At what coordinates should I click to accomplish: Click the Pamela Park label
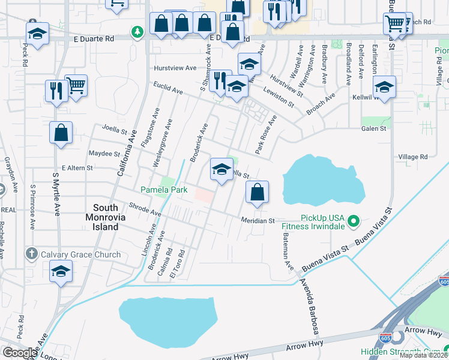(x=164, y=190)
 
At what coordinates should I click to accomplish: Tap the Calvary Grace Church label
(x=80, y=254)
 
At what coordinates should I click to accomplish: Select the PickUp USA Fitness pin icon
(x=354, y=221)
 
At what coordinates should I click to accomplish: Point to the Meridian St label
(x=258, y=221)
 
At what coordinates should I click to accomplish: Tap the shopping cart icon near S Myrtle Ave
(x=76, y=86)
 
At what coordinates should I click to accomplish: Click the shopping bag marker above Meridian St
(x=257, y=193)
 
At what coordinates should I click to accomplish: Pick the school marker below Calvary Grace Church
(x=61, y=272)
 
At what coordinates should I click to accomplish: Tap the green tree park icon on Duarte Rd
(x=138, y=31)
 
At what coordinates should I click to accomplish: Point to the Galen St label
(x=373, y=128)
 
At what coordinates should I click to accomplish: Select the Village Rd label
(x=412, y=157)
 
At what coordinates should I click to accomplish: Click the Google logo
(x=20, y=352)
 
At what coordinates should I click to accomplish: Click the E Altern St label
(x=77, y=169)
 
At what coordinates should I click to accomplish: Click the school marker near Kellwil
(x=384, y=88)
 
